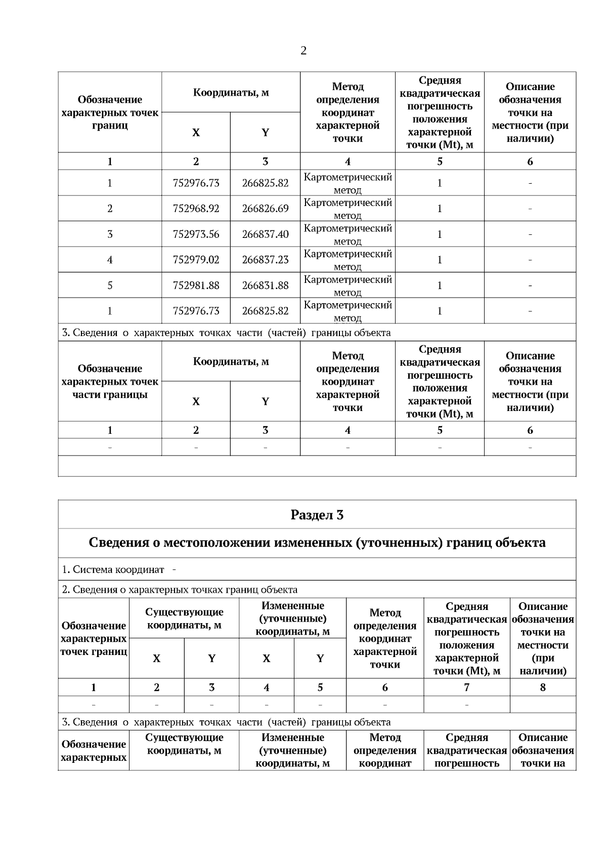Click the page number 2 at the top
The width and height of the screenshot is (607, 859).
pyautogui.click(x=303, y=51)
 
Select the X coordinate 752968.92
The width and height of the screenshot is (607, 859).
pyautogui.click(x=196, y=209)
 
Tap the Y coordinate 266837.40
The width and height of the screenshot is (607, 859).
pyautogui.click(x=265, y=234)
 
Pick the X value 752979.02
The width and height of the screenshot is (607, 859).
pyautogui.click(x=196, y=260)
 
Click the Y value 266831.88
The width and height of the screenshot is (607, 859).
pyautogui.click(x=265, y=285)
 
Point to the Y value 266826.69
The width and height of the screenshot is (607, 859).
pyautogui.click(x=265, y=209)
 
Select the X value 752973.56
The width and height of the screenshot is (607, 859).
pyautogui.click(x=196, y=234)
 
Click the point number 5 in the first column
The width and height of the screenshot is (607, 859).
pyautogui.click(x=110, y=285)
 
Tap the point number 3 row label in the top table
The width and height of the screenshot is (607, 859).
pyautogui.click(x=110, y=234)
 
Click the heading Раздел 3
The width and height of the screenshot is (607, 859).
pyautogui.click(x=317, y=515)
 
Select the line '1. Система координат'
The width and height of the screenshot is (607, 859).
pyautogui.click(x=113, y=569)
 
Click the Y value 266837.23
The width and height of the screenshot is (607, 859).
pyautogui.click(x=265, y=260)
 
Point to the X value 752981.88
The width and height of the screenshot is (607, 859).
pyautogui.click(x=196, y=285)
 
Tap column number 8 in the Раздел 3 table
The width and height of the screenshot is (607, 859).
pyautogui.click(x=543, y=687)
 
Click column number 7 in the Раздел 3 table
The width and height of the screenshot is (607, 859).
pyautogui.click(x=466, y=687)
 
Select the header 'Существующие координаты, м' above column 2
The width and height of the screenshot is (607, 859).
pyautogui.click(x=184, y=619)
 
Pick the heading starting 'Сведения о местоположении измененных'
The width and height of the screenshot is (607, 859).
pyautogui.click(x=317, y=543)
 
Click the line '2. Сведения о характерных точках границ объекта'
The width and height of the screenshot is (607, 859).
pyautogui.click(x=180, y=590)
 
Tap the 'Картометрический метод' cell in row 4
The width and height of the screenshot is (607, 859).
pyautogui.click(x=348, y=260)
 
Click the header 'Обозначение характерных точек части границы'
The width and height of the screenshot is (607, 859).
pyautogui.click(x=110, y=382)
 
